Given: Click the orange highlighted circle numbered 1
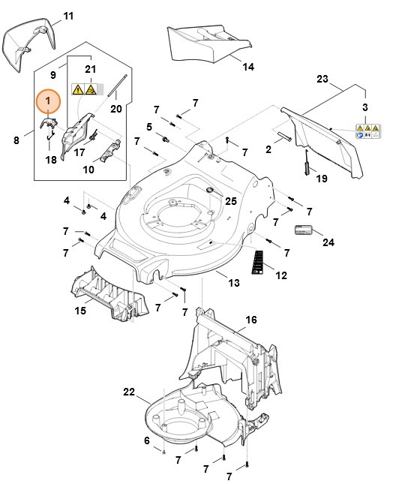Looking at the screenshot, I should point(48,101).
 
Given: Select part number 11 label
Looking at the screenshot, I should point(68,16).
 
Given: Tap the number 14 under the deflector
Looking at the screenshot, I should point(248,66).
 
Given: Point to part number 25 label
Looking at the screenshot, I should point(231,201).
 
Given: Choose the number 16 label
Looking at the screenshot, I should point(251,320).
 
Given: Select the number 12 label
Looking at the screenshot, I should point(281,275).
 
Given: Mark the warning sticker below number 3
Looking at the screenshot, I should point(367,131).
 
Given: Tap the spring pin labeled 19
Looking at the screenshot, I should point(307,164).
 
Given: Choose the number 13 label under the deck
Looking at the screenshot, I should point(233,282).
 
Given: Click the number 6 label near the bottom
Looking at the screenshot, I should point(147,440).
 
